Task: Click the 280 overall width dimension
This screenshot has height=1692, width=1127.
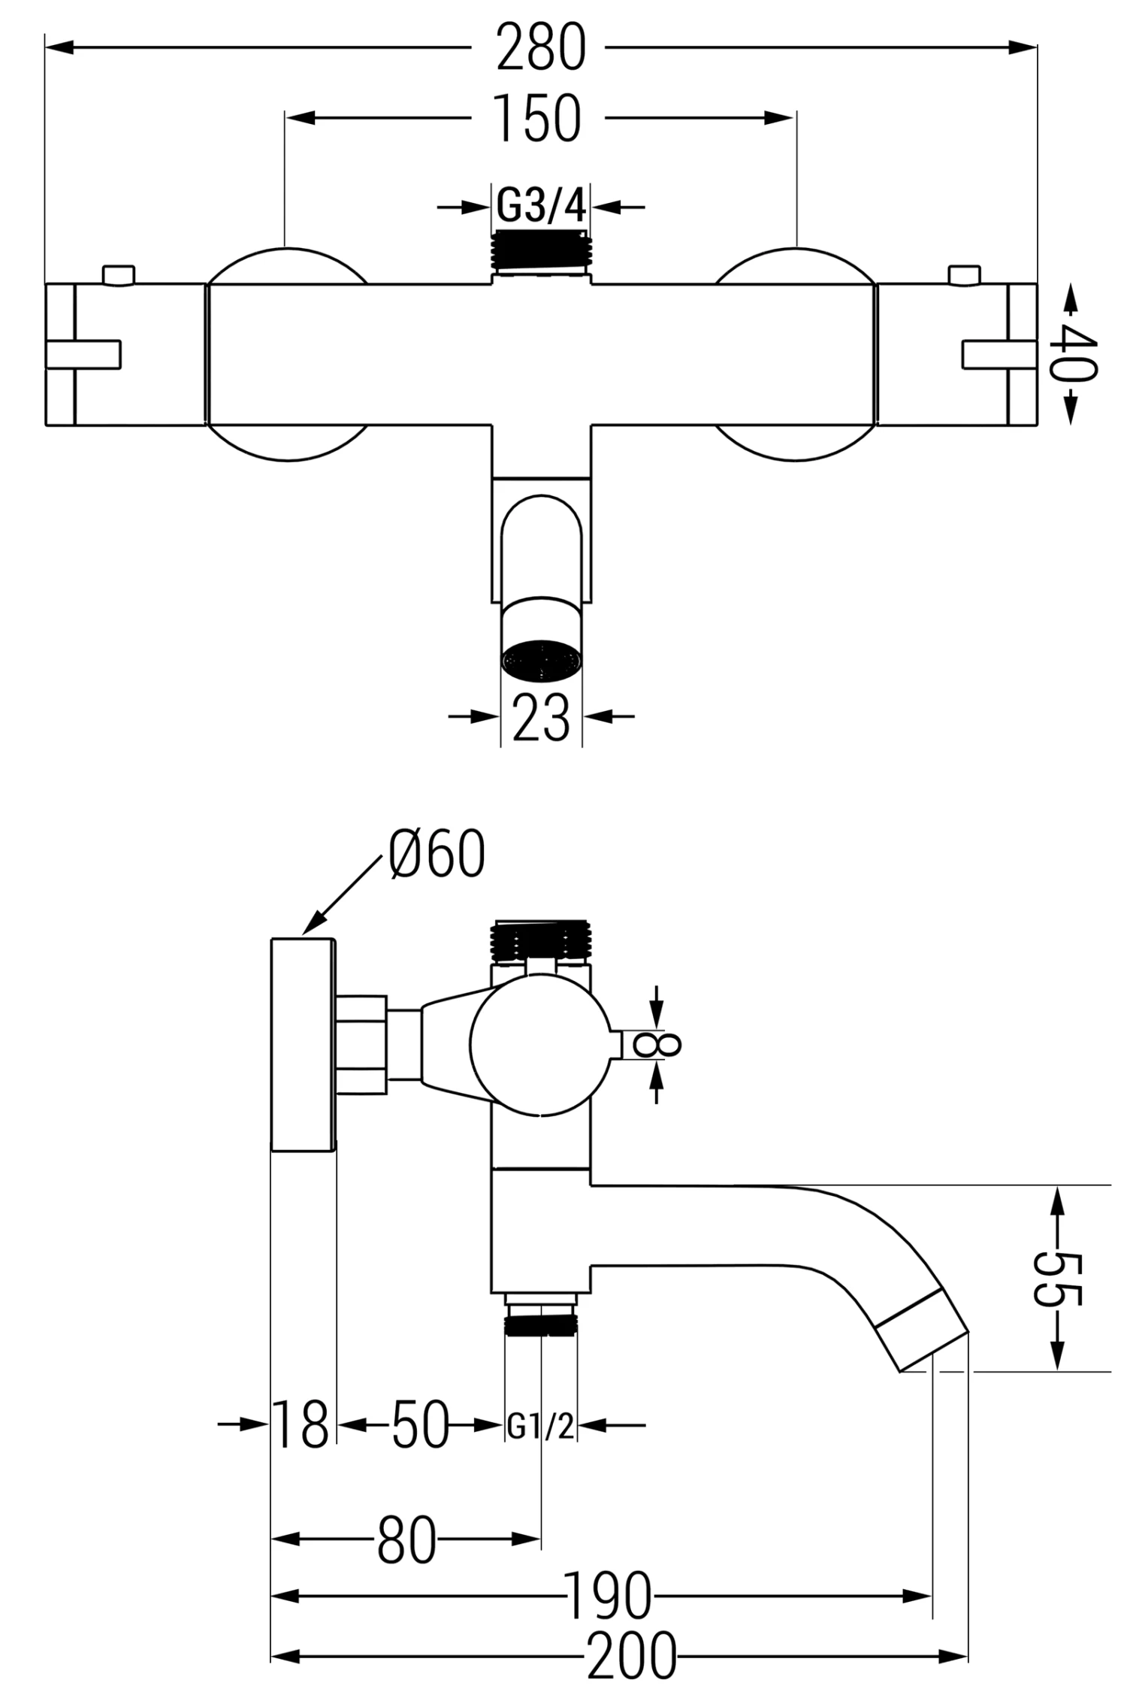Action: [x=540, y=49]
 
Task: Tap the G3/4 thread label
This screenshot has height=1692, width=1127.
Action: [x=541, y=205]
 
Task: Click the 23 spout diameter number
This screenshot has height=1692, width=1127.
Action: [x=541, y=718]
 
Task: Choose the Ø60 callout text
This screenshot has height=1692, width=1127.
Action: [x=437, y=855]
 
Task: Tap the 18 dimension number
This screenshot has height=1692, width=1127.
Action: [x=301, y=1424]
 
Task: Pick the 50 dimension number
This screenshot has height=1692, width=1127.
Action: [x=420, y=1424]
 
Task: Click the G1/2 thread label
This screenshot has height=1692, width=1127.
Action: [x=541, y=1426]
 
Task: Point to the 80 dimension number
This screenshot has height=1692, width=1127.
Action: [x=406, y=1539]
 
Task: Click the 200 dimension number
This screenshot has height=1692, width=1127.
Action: [x=631, y=1656]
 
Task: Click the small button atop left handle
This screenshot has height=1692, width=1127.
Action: [x=119, y=274]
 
